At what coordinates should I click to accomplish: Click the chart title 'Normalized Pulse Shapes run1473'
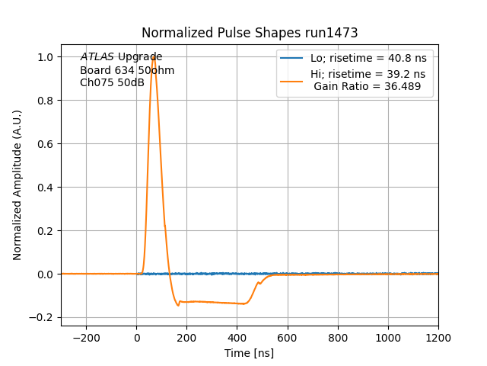click(250, 33)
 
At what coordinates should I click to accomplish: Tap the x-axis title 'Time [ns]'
click(249, 353)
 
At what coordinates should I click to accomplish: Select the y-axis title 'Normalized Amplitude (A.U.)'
click(18, 185)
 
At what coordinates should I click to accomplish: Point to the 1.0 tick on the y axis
click(47, 57)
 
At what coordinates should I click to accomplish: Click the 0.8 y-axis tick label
click(47, 101)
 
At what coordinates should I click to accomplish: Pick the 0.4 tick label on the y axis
click(47, 188)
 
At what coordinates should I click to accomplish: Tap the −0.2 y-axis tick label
click(44, 318)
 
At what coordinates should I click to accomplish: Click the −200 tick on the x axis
click(86, 336)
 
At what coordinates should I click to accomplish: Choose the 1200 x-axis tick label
click(438, 336)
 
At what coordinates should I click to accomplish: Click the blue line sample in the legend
click(291, 58)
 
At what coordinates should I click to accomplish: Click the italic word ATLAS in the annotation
click(97, 57)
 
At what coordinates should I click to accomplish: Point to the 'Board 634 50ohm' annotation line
click(127, 70)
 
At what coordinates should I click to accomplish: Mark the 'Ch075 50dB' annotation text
click(112, 82)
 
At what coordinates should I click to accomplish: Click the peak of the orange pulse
click(154, 56)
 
